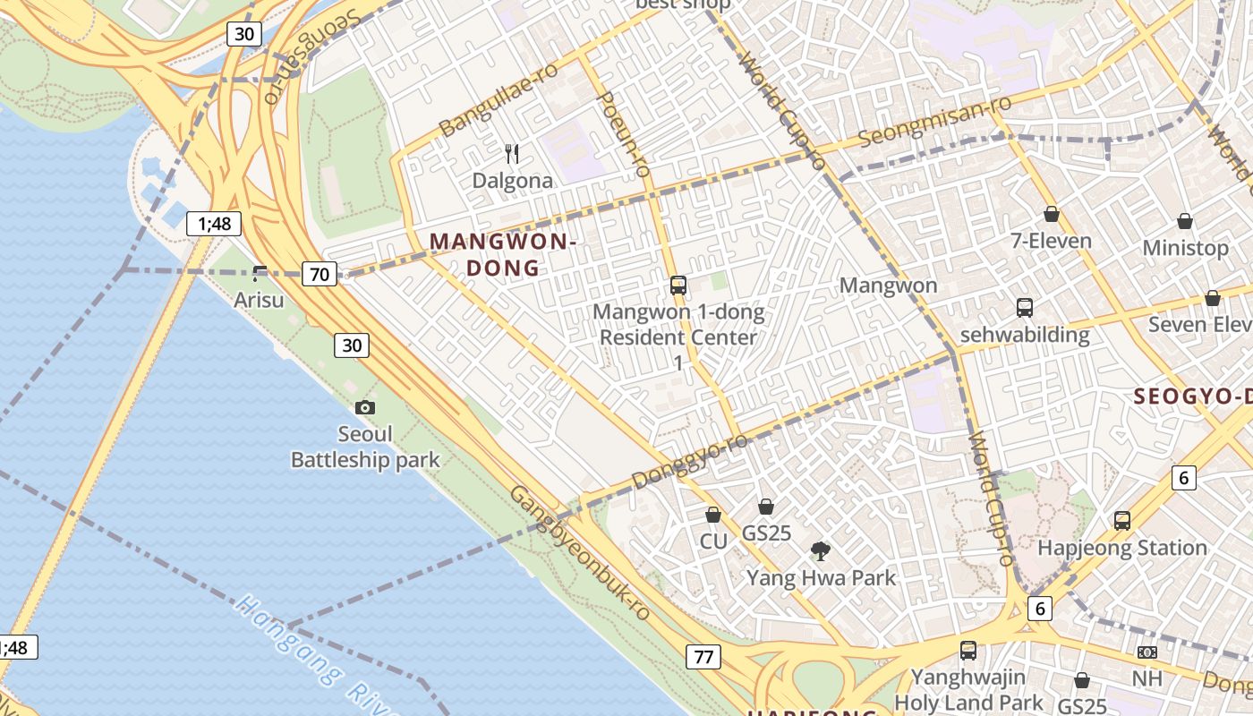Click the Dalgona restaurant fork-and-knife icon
click(x=512, y=154)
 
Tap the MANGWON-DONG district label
click(x=501, y=254)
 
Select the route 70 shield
click(x=320, y=275)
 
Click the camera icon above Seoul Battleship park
click(x=364, y=407)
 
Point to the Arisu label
click(x=259, y=300)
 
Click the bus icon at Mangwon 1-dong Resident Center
click(x=678, y=286)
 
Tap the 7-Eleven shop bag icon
click(x=1052, y=214)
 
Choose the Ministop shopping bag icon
click(x=1185, y=220)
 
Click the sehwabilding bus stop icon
click(x=1025, y=308)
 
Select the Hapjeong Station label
click(x=1121, y=547)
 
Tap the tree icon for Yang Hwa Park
click(x=820, y=550)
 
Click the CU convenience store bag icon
click(x=713, y=515)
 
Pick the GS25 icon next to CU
click(x=765, y=507)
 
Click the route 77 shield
click(x=703, y=657)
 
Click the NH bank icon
click(x=1146, y=652)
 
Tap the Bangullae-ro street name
click(x=499, y=99)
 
